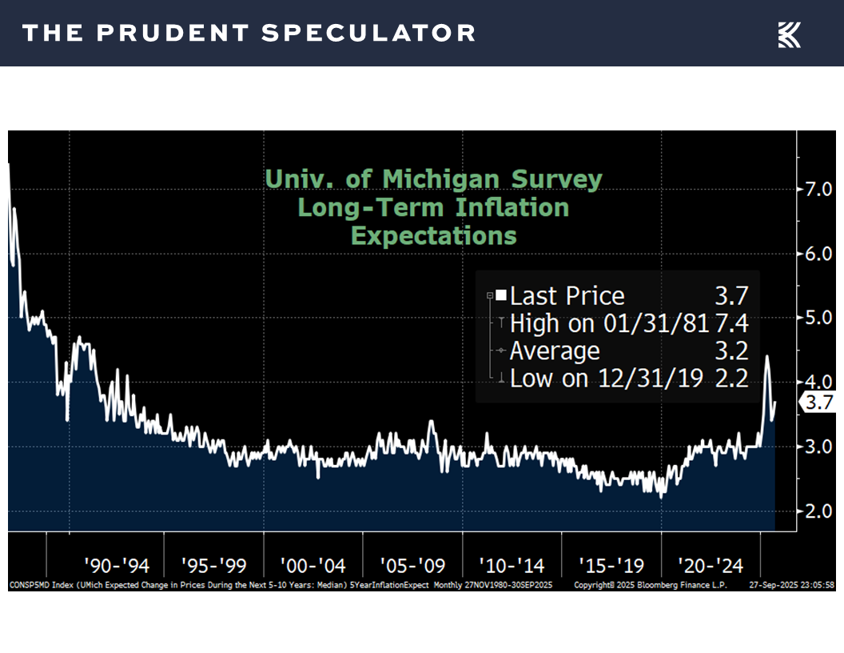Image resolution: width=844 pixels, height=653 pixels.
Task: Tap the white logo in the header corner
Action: coord(790,34)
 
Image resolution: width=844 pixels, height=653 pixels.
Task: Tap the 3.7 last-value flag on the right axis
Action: coord(818,403)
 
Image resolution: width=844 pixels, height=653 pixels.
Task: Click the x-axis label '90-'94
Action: coord(116,566)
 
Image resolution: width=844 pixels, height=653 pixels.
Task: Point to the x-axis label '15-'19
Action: coord(611,566)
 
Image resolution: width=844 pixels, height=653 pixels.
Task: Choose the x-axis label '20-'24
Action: coord(711,566)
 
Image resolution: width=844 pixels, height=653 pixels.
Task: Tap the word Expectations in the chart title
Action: coord(434,236)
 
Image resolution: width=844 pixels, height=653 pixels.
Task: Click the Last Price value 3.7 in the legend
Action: coord(731,296)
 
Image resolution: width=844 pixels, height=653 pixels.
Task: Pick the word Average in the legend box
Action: coord(555,351)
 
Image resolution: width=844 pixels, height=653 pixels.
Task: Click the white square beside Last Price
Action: coord(501,295)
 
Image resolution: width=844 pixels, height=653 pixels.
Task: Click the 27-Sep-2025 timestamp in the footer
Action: coord(771,586)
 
